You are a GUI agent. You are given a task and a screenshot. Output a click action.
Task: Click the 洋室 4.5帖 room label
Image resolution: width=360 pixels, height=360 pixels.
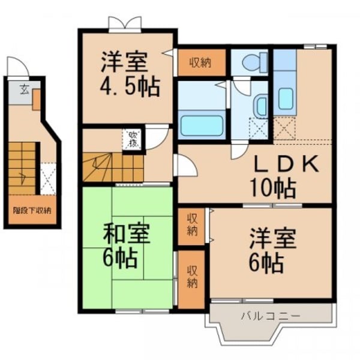129,75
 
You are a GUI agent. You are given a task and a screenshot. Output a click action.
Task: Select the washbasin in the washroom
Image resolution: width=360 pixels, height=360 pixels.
261,106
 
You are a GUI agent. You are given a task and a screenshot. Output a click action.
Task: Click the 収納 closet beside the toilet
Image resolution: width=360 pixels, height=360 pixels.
201,63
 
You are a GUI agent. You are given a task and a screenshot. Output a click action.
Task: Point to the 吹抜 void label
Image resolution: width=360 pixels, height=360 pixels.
131,139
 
